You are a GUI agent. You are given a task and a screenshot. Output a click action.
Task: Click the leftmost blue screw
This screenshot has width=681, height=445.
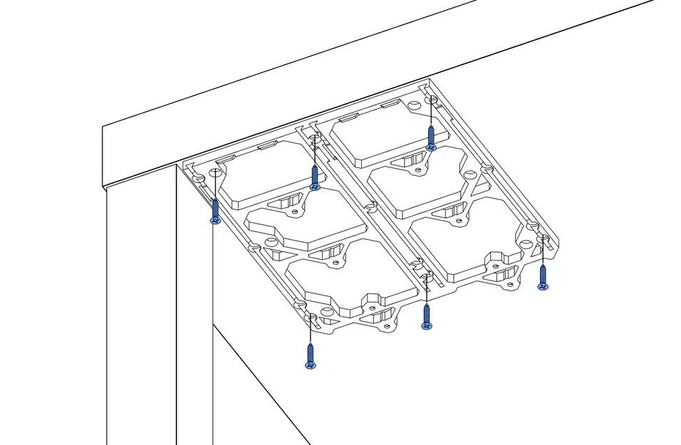215,211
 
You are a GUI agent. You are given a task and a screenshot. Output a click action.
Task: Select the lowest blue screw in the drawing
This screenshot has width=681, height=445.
310,356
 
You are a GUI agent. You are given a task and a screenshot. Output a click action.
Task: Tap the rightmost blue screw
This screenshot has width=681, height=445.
543,278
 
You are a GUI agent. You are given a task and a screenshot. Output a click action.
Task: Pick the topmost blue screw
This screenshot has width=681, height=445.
430,138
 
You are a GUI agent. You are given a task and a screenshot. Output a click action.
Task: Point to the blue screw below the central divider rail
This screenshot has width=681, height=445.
426,315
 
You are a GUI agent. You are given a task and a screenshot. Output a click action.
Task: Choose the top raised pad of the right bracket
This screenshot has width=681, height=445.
389,130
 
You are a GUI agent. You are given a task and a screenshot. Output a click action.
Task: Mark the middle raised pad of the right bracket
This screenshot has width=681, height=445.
420,181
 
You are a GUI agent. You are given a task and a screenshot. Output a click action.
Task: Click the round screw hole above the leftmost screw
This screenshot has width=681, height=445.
201,176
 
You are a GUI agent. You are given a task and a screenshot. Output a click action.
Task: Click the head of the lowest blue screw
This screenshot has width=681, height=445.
310,365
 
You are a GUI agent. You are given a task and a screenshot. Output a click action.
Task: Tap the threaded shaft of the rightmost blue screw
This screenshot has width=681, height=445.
543,273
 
